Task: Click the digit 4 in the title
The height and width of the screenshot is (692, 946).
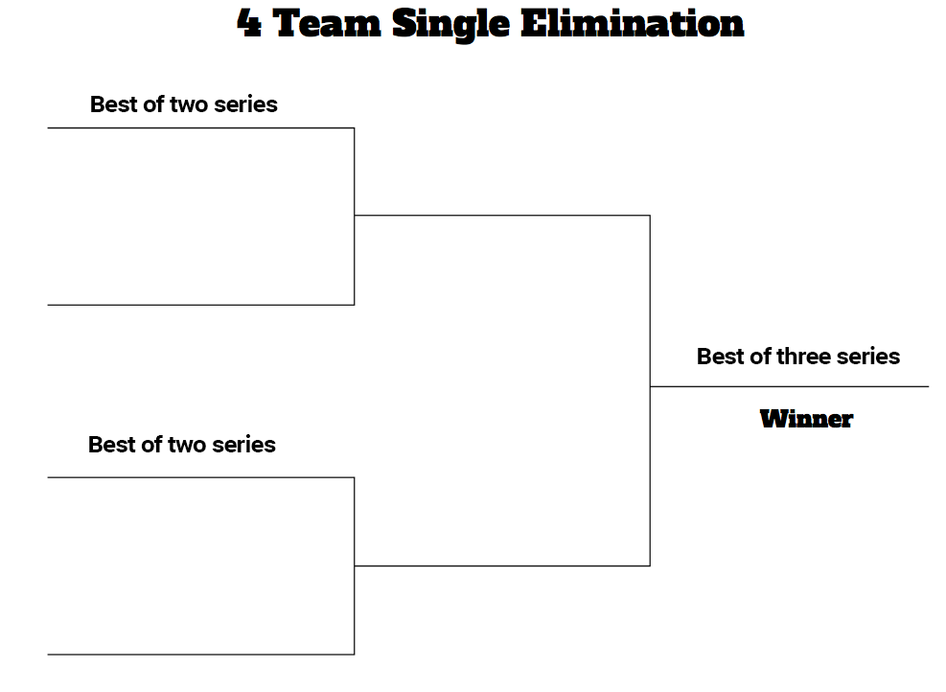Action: tap(249, 24)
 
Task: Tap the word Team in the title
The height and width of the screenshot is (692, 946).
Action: tap(327, 24)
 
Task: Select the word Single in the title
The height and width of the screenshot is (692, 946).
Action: tap(450, 25)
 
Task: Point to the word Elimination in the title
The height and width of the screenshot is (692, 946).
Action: tap(633, 24)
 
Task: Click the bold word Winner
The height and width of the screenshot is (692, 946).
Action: tap(806, 419)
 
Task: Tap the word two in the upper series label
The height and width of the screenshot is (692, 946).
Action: tap(189, 104)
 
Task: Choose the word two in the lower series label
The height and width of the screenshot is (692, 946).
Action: tap(187, 445)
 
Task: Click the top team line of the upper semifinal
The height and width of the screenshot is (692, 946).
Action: tap(201, 127)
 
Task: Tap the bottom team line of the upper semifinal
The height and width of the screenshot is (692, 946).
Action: tap(201, 305)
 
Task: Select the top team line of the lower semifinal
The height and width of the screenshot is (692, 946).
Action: tap(201, 477)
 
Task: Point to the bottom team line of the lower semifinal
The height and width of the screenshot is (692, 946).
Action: tap(201, 654)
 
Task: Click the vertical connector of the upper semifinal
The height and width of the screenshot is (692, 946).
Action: tap(354, 216)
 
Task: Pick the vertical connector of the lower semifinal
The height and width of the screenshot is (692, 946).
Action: tap(354, 565)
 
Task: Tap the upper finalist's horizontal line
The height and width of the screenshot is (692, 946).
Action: tap(502, 215)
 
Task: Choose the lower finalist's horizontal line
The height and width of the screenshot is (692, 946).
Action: tap(502, 565)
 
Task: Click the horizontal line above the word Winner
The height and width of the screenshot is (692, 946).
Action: tap(789, 386)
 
